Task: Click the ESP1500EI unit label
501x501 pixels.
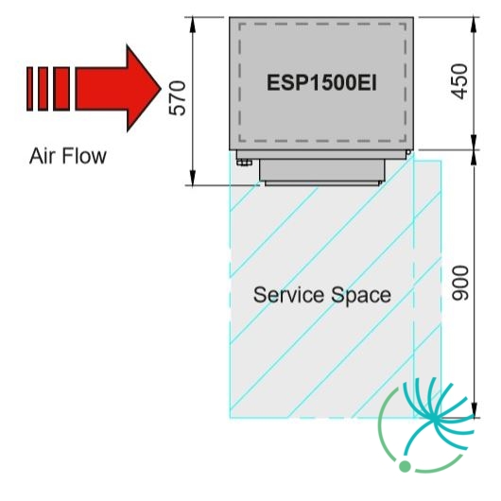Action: click(321, 82)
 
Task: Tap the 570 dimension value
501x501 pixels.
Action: click(177, 98)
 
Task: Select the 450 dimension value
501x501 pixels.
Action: click(459, 81)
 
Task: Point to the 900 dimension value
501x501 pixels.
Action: click(460, 283)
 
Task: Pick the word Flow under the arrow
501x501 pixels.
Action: click(84, 156)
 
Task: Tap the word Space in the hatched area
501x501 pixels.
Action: click(361, 296)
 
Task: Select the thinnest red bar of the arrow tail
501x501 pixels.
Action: click(29, 89)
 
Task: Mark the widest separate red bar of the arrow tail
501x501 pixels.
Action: click(61, 89)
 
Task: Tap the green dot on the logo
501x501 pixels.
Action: click(405, 466)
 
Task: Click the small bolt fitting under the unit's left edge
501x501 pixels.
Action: click(244, 163)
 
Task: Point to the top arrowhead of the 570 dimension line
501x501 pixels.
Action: click(192, 25)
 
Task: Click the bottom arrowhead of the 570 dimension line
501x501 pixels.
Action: click(192, 178)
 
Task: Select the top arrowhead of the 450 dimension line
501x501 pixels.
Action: click(474, 25)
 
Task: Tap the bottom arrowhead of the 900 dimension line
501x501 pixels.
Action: click(475, 409)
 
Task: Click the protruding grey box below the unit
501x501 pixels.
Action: click(322, 170)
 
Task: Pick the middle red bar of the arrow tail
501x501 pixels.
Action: click(43, 89)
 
